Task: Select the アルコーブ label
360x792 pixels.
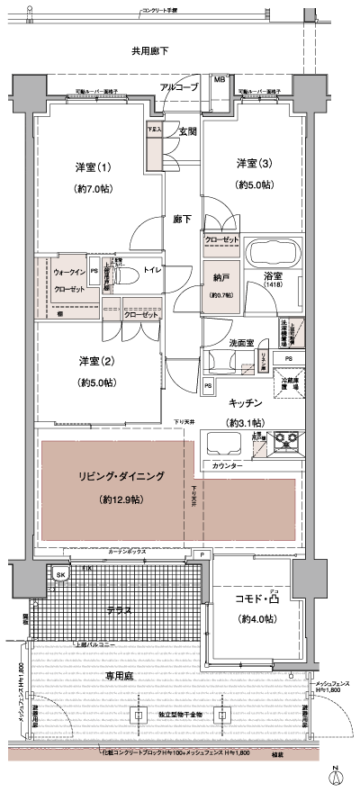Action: (x=178, y=87)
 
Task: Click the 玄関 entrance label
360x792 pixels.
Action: (x=187, y=131)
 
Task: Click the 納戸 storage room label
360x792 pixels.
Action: (x=221, y=278)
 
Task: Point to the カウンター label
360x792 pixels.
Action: (x=228, y=465)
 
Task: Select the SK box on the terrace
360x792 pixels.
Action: (x=61, y=574)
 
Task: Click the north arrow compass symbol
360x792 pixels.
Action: (x=335, y=775)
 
